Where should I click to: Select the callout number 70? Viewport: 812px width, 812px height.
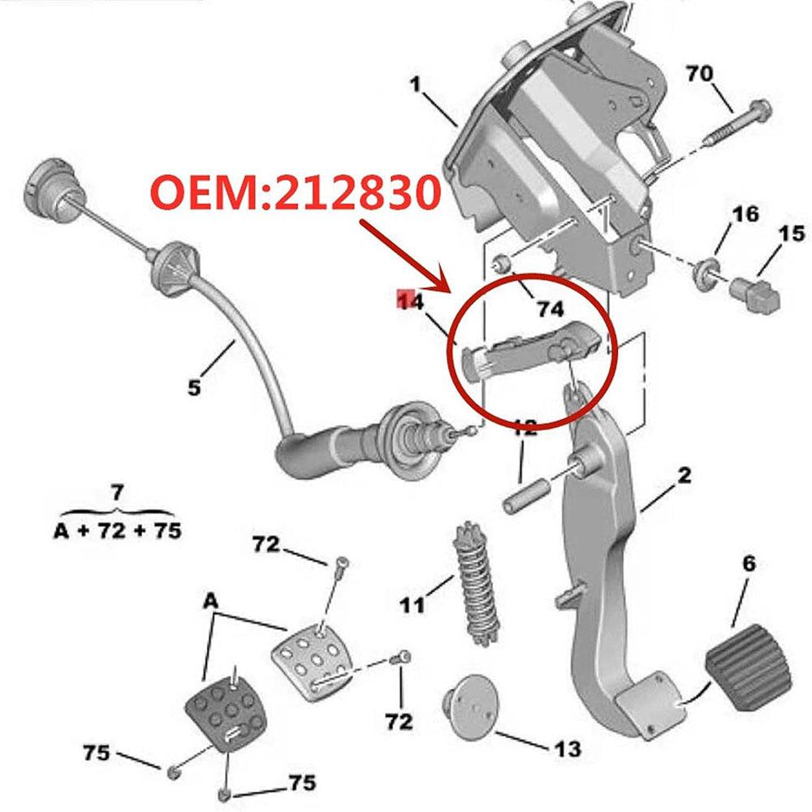tap(700, 74)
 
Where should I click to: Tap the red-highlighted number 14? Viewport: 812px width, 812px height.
tap(412, 302)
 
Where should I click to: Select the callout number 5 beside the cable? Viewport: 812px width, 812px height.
tap(193, 388)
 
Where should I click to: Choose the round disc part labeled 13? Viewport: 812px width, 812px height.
tap(467, 702)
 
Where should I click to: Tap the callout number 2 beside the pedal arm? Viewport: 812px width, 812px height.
tap(684, 476)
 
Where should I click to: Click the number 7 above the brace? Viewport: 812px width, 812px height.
tap(117, 492)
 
